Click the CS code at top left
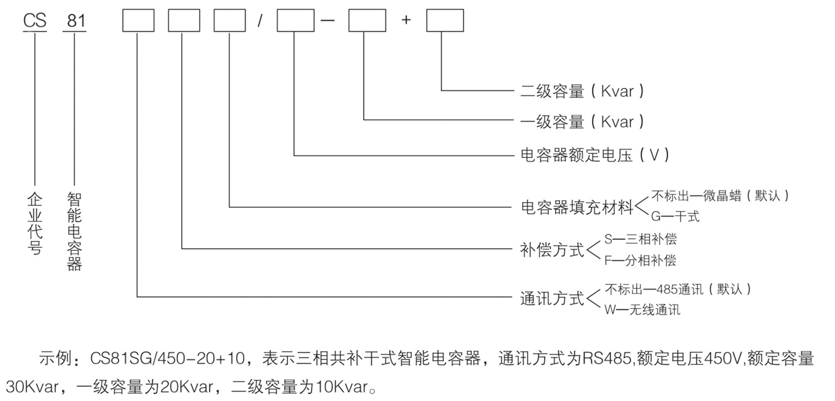coord(35,21)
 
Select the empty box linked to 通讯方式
coord(138,21)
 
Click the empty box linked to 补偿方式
coord(184,21)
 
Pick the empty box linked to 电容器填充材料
coord(229,21)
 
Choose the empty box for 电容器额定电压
coord(295,21)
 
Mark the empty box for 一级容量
coord(367,21)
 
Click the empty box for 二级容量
coord(445,21)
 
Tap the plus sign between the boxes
coord(406,20)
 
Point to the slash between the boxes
coord(260,21)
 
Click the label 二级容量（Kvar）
coord(582,91)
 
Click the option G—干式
coord(675,216)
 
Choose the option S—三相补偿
coord(640,239)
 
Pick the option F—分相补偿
coord(640,260)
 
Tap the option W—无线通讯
coord(642,310)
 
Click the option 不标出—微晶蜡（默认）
coord(720,196)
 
